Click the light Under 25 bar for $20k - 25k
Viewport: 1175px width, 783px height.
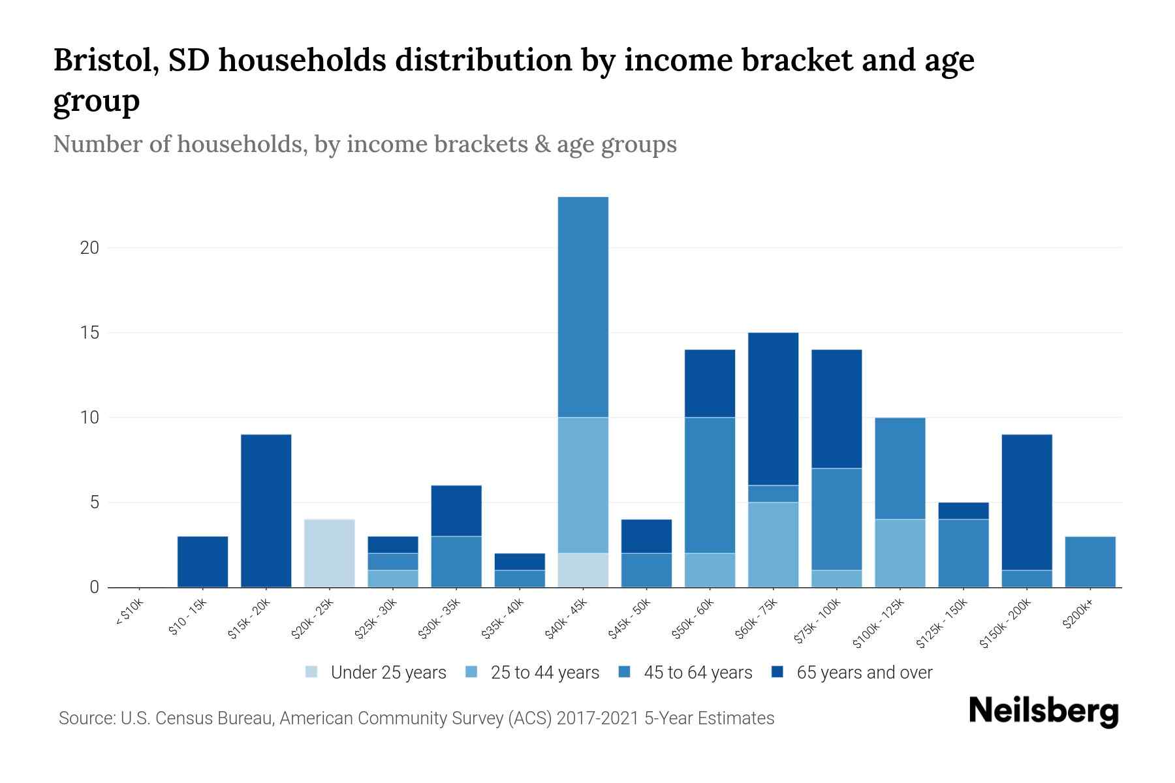330,553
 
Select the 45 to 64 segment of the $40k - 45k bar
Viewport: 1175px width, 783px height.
583,307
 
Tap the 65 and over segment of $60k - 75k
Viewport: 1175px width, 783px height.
773,409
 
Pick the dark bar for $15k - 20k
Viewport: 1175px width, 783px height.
266,511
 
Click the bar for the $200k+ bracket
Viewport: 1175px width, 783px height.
1090,562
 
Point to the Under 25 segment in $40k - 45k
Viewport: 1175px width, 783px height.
583,570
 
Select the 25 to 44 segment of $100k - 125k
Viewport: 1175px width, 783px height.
900,553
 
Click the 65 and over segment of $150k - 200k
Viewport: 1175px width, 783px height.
1027,502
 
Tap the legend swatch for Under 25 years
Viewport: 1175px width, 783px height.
312,672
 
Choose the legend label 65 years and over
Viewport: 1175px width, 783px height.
864,672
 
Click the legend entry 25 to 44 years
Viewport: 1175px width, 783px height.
544,672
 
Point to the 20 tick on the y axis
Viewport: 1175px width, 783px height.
90,248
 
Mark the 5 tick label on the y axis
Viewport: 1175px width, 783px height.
94,502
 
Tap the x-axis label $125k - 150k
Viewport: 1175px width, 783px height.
941,624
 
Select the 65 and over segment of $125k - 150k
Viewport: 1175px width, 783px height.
963,511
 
